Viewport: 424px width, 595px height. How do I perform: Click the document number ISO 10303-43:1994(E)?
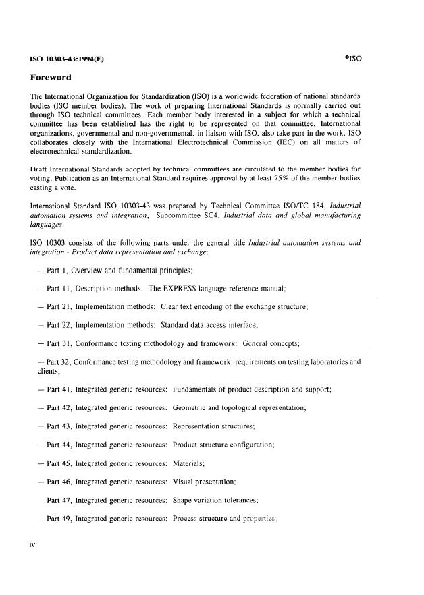(66, 59)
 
